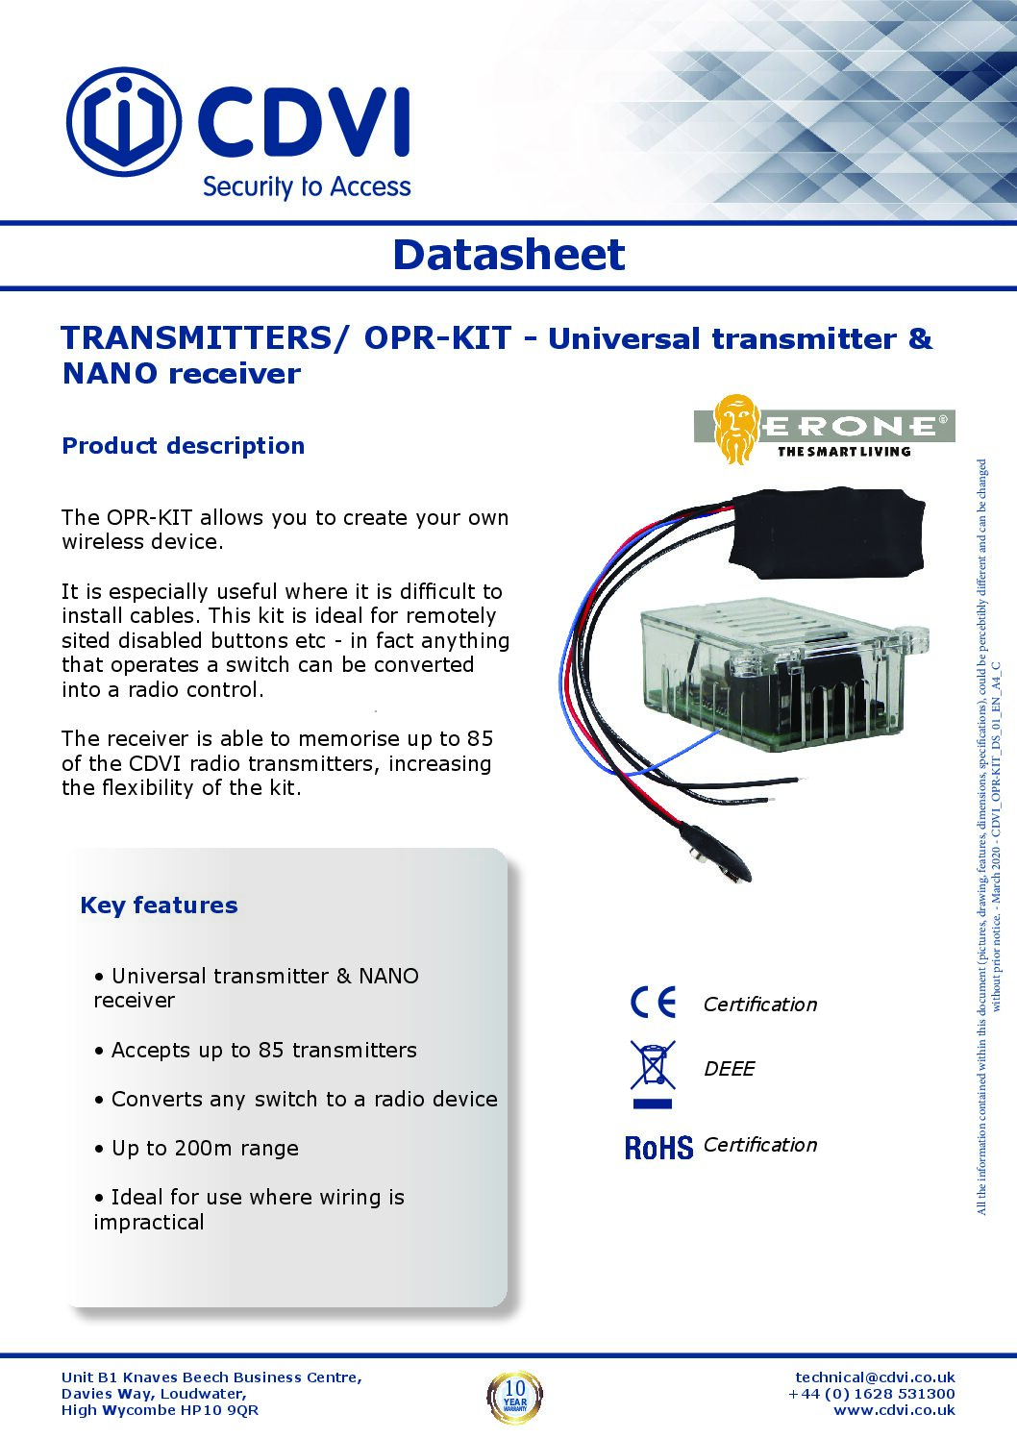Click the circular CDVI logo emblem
(x=123, y=122)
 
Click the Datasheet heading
(x=508, y=255)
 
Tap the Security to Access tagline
(x=307, y=186)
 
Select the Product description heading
(x=184, y=446)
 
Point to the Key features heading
(x=159, y=906)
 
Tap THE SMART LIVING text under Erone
(x=843, y=452)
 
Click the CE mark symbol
(x=654, y=1003)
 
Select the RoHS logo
(x=658, y=1148)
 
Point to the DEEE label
(x=730, y=1069)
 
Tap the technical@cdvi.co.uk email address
(x=875, y=1377)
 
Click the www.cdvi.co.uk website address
(x=894, y=1410)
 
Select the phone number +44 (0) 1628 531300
(x=872, y=1394)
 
